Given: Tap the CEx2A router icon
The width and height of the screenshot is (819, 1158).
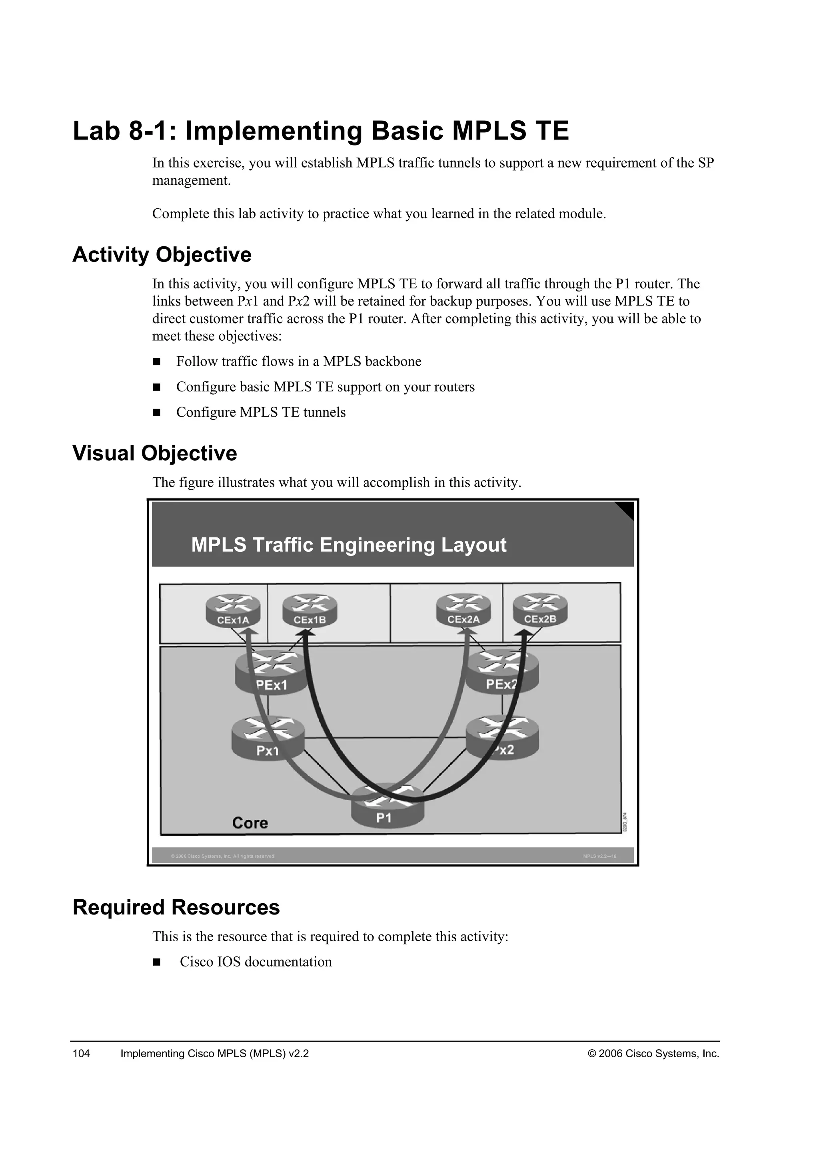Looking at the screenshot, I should point(463,610).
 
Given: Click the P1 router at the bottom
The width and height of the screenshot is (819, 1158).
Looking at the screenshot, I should point(388,806).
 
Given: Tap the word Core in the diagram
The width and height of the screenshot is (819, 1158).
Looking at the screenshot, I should point(250,823).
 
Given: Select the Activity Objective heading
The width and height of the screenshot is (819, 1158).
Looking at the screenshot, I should point(162,255).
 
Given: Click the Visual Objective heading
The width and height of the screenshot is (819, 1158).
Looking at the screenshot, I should point(155,453).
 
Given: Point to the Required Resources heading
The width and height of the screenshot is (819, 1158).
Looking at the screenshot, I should point(176,907).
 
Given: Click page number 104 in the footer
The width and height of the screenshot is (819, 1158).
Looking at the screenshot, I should point(81,1053).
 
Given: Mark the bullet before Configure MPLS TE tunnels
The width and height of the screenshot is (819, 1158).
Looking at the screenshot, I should point(156,413).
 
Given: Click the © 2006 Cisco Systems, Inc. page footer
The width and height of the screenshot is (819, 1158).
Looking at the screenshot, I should point(653,1053).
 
